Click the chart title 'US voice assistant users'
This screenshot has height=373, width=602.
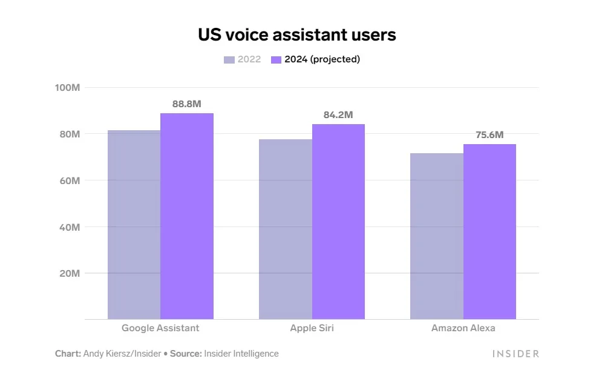(x=297, y=35)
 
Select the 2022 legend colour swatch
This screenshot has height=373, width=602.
(x=229, y=60)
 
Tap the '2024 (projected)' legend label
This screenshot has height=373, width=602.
(x=322, y=59)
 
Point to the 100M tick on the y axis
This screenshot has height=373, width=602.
(x=68, y=88)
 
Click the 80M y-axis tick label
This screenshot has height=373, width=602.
(x=70, y=134)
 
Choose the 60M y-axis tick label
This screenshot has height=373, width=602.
(x=70, y=180)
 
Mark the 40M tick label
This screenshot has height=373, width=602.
(x=70, y=227)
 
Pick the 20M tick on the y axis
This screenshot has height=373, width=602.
(x=70, y=273)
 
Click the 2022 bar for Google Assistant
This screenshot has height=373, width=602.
(x=134, y=225)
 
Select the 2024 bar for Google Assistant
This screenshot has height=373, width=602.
(x=187, y=216)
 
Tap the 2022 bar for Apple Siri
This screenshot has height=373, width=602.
(x=285, y=229)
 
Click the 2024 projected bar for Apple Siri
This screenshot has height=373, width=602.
(x=338, y=222)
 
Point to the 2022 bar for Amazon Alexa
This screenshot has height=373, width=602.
(x=437, y=236)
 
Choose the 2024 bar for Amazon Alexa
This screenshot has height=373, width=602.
(x=489, y=232)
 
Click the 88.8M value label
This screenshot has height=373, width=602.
(x=186, y=104)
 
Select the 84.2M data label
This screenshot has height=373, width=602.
(x=338, y=115)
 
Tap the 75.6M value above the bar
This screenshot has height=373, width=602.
(x=489, y=135)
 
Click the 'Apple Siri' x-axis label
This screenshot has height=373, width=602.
(x=312, y=328)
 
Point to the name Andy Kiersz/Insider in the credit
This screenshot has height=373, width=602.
(x=122, y=354)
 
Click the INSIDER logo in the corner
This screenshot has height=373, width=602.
(x=515, y=354)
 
